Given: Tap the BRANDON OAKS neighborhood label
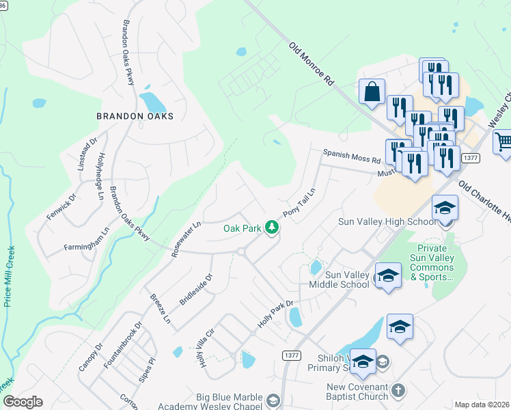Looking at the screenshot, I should (x=135, y=116).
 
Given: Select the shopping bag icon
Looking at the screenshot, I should (x=372, y=92).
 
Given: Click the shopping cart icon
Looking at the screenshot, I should (x=503, y=142).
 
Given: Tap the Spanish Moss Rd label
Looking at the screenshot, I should (x=351, y=157).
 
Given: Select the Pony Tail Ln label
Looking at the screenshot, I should (x=300, y=202).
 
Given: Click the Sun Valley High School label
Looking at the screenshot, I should (x=387, y=221).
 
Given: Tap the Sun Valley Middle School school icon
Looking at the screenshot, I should (x=388, y=276).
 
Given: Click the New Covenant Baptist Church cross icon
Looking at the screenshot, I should (x=398, y=391).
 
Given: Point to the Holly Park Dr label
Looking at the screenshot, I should (x=275, y=314).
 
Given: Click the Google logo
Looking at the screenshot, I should (x=23, y=402).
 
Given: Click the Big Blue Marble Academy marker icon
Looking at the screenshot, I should (x=273, y=400).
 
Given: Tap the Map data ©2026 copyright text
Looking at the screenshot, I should (x=482, y=405).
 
